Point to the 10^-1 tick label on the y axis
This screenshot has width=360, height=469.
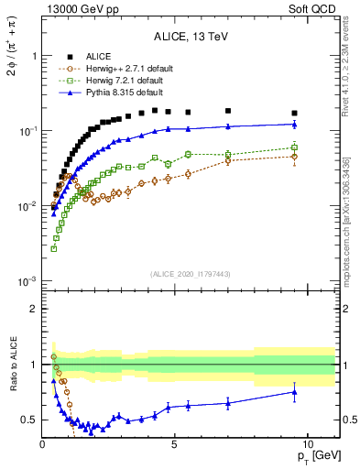click(x=27, y=131)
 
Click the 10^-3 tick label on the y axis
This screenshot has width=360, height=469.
click(x=27, y=281)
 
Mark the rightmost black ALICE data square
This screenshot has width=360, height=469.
click(x=294, y=114)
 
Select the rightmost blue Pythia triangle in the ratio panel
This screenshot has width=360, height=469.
click(x=294, y=392)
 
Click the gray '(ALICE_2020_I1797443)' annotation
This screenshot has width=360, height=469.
click(x=191, y=274)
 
